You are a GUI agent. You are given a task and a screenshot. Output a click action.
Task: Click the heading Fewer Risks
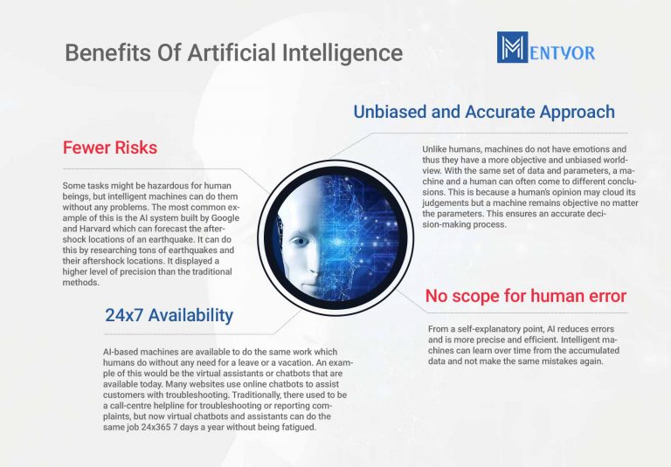[110, 148]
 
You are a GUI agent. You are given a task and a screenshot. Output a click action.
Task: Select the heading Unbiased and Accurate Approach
[484, 112]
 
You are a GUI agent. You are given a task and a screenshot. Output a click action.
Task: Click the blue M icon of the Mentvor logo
[512, 48]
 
